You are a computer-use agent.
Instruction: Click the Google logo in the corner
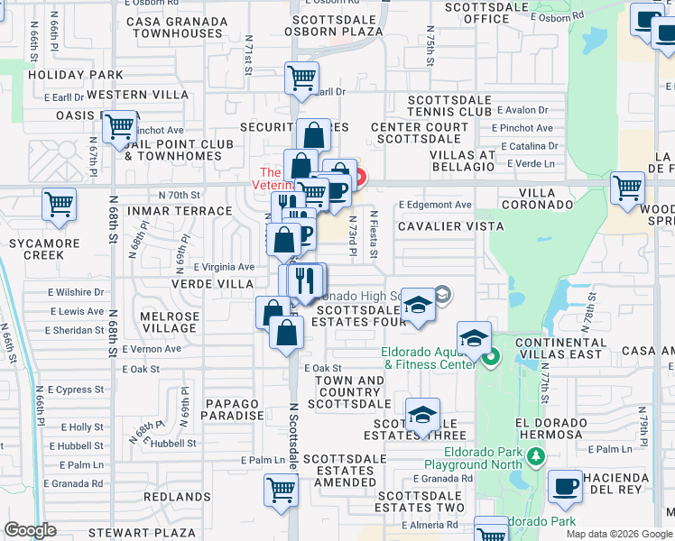(31, 530)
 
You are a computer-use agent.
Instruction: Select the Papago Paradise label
(219, 409)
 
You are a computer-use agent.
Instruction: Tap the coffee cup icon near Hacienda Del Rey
(566, 487)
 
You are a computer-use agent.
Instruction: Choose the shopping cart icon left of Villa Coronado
(627, 188)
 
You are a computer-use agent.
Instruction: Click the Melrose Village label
(170, 322)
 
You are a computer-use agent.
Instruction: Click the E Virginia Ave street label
(221, 267)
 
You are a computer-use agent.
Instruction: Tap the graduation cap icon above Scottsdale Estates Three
(422, 415)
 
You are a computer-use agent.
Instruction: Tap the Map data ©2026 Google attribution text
(618, 534)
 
